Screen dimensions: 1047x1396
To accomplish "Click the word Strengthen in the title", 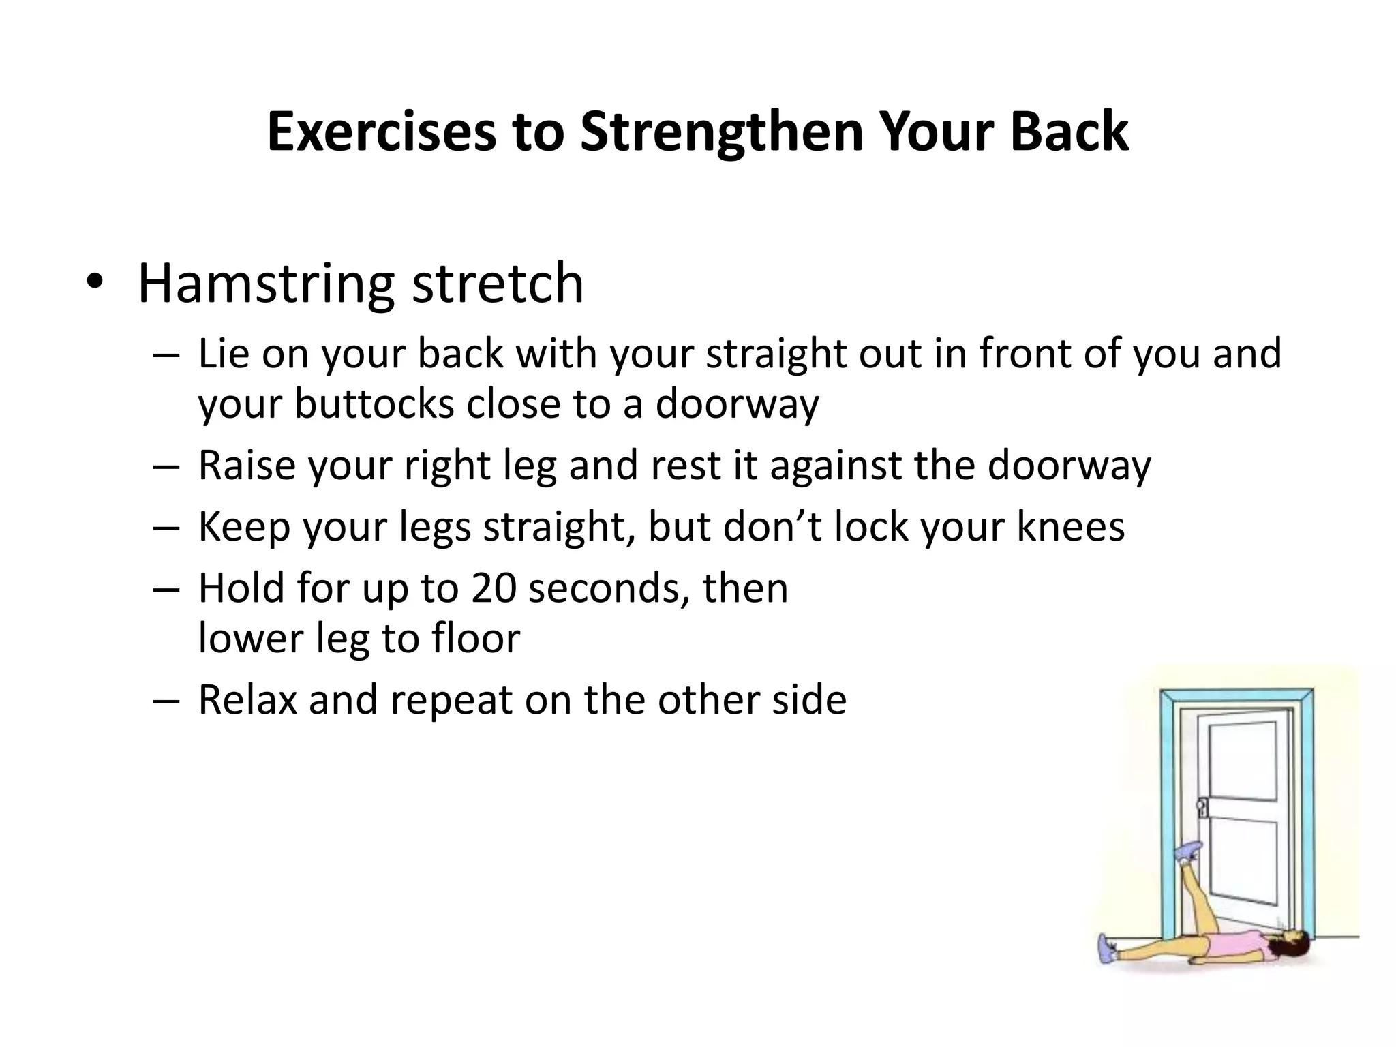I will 721,132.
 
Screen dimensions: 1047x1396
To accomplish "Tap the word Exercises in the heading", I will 382,132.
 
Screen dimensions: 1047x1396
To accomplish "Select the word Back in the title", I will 1069,132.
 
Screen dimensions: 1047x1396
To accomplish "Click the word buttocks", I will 374,404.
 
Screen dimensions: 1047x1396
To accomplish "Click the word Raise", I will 246,466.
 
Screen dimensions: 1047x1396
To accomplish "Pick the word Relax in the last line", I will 247,700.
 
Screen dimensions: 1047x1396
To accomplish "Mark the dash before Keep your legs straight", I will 166,528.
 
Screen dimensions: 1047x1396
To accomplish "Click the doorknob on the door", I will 1202,808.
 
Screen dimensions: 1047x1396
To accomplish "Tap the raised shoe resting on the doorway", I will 1187,851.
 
